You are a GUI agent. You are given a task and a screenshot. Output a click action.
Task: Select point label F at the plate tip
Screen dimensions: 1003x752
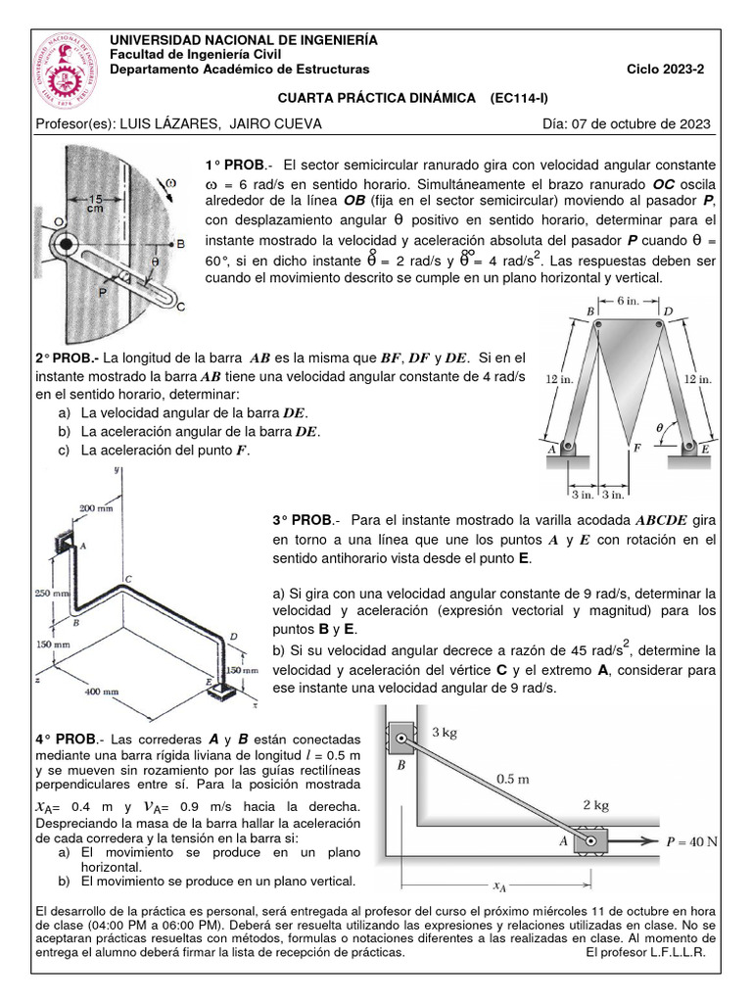[x=637, y=447]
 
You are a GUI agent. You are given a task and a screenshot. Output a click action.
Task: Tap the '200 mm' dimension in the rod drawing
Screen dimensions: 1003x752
[x=96, y=509]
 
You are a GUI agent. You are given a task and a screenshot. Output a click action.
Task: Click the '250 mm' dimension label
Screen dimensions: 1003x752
[x=50, y=593]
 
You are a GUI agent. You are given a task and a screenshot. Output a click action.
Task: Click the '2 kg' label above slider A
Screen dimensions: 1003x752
[x=595, y=805]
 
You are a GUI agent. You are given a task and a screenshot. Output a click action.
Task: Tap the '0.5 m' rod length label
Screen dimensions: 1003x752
[x=514, y=779]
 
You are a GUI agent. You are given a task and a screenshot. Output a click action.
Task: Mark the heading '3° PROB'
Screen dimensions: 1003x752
[x=304, y=519]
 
